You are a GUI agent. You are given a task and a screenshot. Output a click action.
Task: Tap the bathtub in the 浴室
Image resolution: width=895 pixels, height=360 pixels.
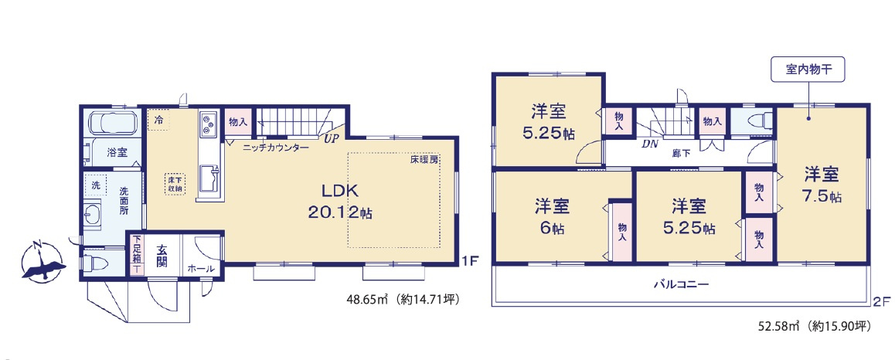(113, 124)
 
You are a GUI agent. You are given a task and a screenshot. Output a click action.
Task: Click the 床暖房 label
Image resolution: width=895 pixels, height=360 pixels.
(424, 160)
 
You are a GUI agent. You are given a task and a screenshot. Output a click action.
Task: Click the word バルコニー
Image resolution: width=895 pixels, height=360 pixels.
(681, 284)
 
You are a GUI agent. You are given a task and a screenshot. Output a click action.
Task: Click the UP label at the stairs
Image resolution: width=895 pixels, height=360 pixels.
(331, 139)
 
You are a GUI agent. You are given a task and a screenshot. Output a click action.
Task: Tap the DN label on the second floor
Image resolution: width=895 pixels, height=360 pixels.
(649, 143)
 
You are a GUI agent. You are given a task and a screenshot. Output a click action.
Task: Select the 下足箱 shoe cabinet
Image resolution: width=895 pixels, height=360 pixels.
(137, 255)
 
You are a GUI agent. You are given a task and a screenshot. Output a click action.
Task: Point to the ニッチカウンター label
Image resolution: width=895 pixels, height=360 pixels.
(275, 147)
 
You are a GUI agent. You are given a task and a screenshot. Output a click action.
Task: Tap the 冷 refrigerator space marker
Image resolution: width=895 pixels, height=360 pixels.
(159, 121)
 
